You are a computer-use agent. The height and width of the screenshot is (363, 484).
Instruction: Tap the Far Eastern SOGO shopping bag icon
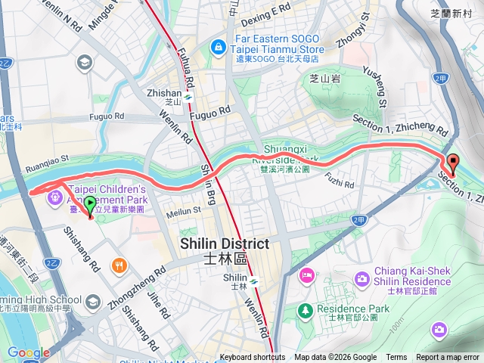click(x=219, y=47)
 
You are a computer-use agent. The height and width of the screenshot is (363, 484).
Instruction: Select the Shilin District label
click(x=225, y=250)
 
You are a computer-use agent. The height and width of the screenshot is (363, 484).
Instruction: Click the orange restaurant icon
click(x=119, y=265)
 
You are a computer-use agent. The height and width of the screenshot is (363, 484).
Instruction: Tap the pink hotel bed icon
click(x=307, y=273)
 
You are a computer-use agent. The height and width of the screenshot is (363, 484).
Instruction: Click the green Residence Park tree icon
click(x=305, y=309)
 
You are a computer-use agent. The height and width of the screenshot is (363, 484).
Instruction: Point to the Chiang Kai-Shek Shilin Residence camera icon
click(x=362, y=281)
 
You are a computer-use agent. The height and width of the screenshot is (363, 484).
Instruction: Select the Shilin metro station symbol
click(x=256, y=281)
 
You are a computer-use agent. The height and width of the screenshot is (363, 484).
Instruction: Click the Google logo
click(x=29, y=352)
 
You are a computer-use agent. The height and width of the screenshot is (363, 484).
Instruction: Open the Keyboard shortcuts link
click(x=253, y=358)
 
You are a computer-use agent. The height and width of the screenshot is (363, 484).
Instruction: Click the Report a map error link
click(x=448, y=358)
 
